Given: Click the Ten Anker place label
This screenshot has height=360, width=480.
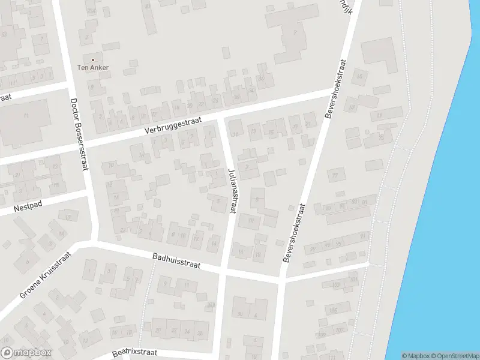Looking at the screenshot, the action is (x=93, y=67).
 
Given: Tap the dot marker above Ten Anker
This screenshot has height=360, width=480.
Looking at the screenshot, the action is (x=93, y=60).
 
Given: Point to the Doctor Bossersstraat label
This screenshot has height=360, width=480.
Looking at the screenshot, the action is (x=79, y=134).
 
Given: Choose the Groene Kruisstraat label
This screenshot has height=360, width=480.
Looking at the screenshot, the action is (x=45, y=275).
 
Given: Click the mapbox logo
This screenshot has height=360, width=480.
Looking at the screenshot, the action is (x=26, y=353).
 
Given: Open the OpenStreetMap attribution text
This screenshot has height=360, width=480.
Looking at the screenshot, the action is (x=454, y=356).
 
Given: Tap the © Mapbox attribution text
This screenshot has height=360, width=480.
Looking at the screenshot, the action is (x=415, y=356).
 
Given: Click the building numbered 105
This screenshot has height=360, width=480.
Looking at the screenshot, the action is (x=333, y=310).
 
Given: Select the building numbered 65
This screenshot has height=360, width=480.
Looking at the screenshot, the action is (x=361, y=76).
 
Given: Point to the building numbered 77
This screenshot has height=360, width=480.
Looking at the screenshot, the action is (x=335, y=175).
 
